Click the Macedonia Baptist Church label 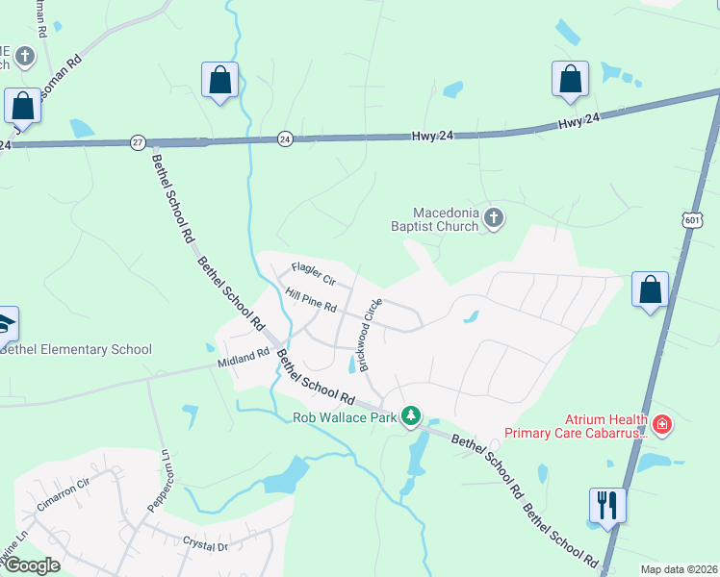(446, 219)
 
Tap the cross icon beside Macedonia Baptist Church (494, 218)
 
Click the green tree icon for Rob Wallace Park (412, 415)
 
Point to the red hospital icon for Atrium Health (662, 423)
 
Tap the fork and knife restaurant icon (607, 505)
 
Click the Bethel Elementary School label (76, 349)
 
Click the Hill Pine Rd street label (310, 302)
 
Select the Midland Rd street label (243, 358)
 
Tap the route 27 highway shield (138, 142)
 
